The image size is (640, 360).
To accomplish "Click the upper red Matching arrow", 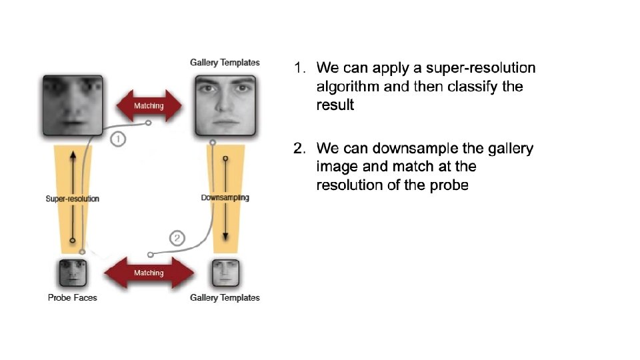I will point(149,105).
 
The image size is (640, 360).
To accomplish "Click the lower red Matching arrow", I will point(149,273).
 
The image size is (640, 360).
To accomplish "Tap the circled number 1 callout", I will point(117,139).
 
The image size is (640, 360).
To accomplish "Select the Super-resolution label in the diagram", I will point(72,199).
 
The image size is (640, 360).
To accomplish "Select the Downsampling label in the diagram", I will point(225,197).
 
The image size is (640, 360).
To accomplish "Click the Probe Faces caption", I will point(72,297).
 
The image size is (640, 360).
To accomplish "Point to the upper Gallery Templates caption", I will point(225,63).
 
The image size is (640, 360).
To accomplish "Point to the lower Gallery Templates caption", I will point(225,297).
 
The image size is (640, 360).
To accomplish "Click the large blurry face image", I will point(72,105).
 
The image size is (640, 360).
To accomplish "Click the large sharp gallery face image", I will point(225,105).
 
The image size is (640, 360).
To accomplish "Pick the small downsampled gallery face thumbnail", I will point(225,273).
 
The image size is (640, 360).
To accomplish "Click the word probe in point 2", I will point(449,185).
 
